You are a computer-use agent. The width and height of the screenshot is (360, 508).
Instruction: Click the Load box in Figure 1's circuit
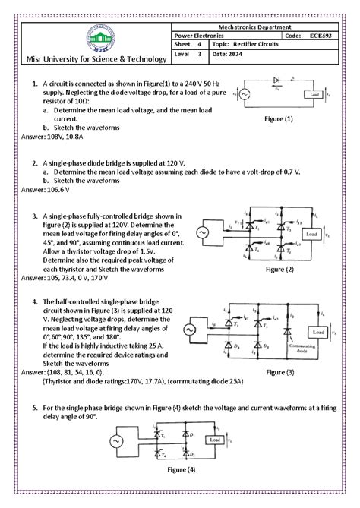[313, 94]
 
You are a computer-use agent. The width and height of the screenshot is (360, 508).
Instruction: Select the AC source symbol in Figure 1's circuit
[245, 94]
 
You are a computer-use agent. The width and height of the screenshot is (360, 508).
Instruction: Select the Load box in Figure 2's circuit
[312, 235]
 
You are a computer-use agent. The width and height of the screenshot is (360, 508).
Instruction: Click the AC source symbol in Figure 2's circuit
[204, 234]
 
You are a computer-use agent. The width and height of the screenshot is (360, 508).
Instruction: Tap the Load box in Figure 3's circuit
[317, 333]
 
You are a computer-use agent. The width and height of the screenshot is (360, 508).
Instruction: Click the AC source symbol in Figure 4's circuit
[118, 441]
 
